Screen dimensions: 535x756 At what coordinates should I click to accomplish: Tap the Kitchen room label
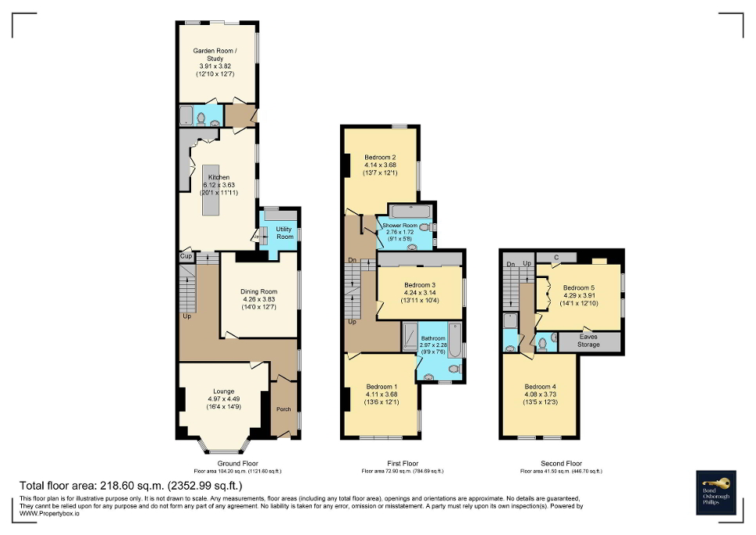(219, 178)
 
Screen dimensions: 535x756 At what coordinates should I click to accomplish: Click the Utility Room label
(284, 233)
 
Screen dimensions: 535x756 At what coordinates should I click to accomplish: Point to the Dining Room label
(259, 292)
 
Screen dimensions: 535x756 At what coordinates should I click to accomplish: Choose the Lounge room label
(223, 392)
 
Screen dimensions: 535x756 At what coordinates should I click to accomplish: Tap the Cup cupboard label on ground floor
(186, 256)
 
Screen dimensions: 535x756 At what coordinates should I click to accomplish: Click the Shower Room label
(400, 226)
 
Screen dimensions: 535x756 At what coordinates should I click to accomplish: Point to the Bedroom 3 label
(420, 285)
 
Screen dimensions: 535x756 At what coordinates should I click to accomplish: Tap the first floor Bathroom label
(432, 339)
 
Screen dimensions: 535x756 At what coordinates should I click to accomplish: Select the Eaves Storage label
(588, 340)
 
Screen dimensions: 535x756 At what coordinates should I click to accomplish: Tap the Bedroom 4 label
(539, 387)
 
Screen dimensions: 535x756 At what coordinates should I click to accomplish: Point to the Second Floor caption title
(561, 463)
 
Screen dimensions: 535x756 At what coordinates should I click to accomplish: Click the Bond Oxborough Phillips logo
(718, 493)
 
